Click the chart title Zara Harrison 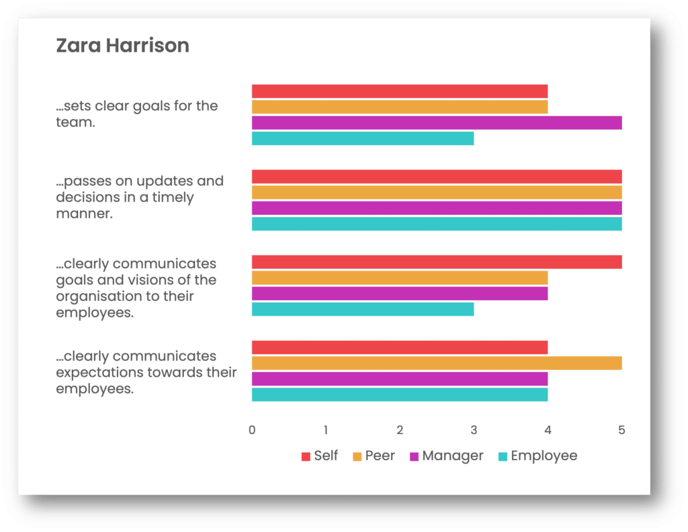[x=122, y=46]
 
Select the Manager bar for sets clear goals [x=437, y=123]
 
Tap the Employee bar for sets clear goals [x=363, y=138]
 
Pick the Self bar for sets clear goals [x=400, y=91]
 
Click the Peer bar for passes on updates [x=437, y=193]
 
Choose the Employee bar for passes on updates [x=437, y=224]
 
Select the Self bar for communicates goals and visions [x=437, y=262]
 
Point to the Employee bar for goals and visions [x=363, y=309]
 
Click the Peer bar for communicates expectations [x=437, y=363]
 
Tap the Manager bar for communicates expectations [x=400, y=379]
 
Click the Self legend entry [x=320, y=455]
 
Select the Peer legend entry [x=374, y=455]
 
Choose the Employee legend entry [x=537, y=455]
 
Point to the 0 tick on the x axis [x=252, y=430]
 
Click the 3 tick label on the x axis [x=474, y=430]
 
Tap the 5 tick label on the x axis [x=621, y=430]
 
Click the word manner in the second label [x=84, y=214]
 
